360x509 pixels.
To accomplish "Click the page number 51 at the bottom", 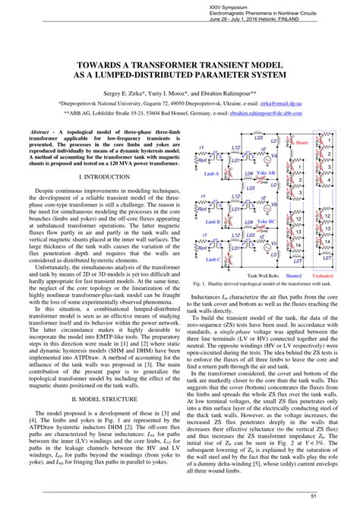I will point(346,498).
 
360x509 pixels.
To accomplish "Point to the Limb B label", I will point(210,222).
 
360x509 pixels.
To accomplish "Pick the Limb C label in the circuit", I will point(210,257).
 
